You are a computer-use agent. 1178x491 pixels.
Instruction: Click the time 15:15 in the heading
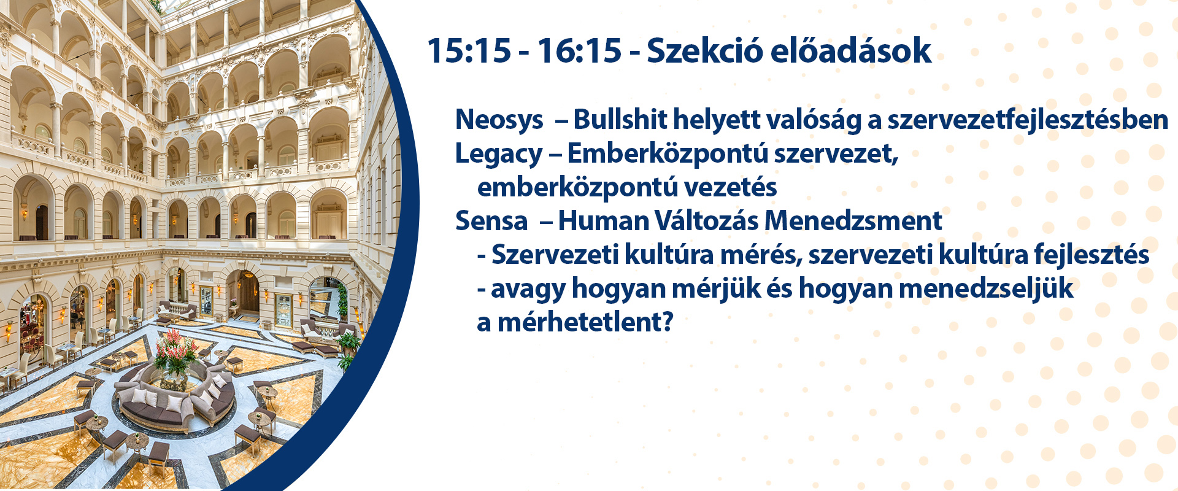click(469, 50)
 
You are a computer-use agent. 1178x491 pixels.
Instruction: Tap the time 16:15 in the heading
click(580, 50)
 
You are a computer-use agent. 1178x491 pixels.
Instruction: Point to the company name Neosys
click(499, 120)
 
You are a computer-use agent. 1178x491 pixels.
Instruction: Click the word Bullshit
click(620, 119)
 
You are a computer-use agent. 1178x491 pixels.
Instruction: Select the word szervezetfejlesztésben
click(1028, 120)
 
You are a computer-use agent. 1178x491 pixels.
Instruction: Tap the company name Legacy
click(499, 154)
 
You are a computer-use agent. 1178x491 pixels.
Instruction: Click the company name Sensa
click(491, 221)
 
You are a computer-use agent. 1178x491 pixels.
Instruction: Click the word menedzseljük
click(986, 288)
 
